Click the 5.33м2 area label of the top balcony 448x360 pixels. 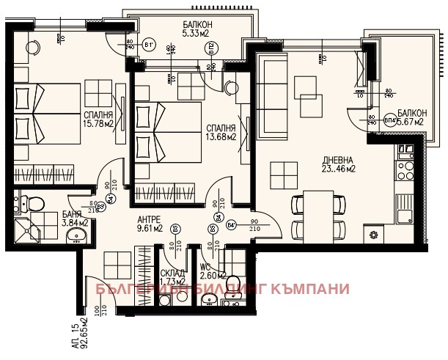[x=197, y=33]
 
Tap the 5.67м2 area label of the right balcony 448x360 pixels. [x=408, y=122]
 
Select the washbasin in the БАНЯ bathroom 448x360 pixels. [x=76, y=236]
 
